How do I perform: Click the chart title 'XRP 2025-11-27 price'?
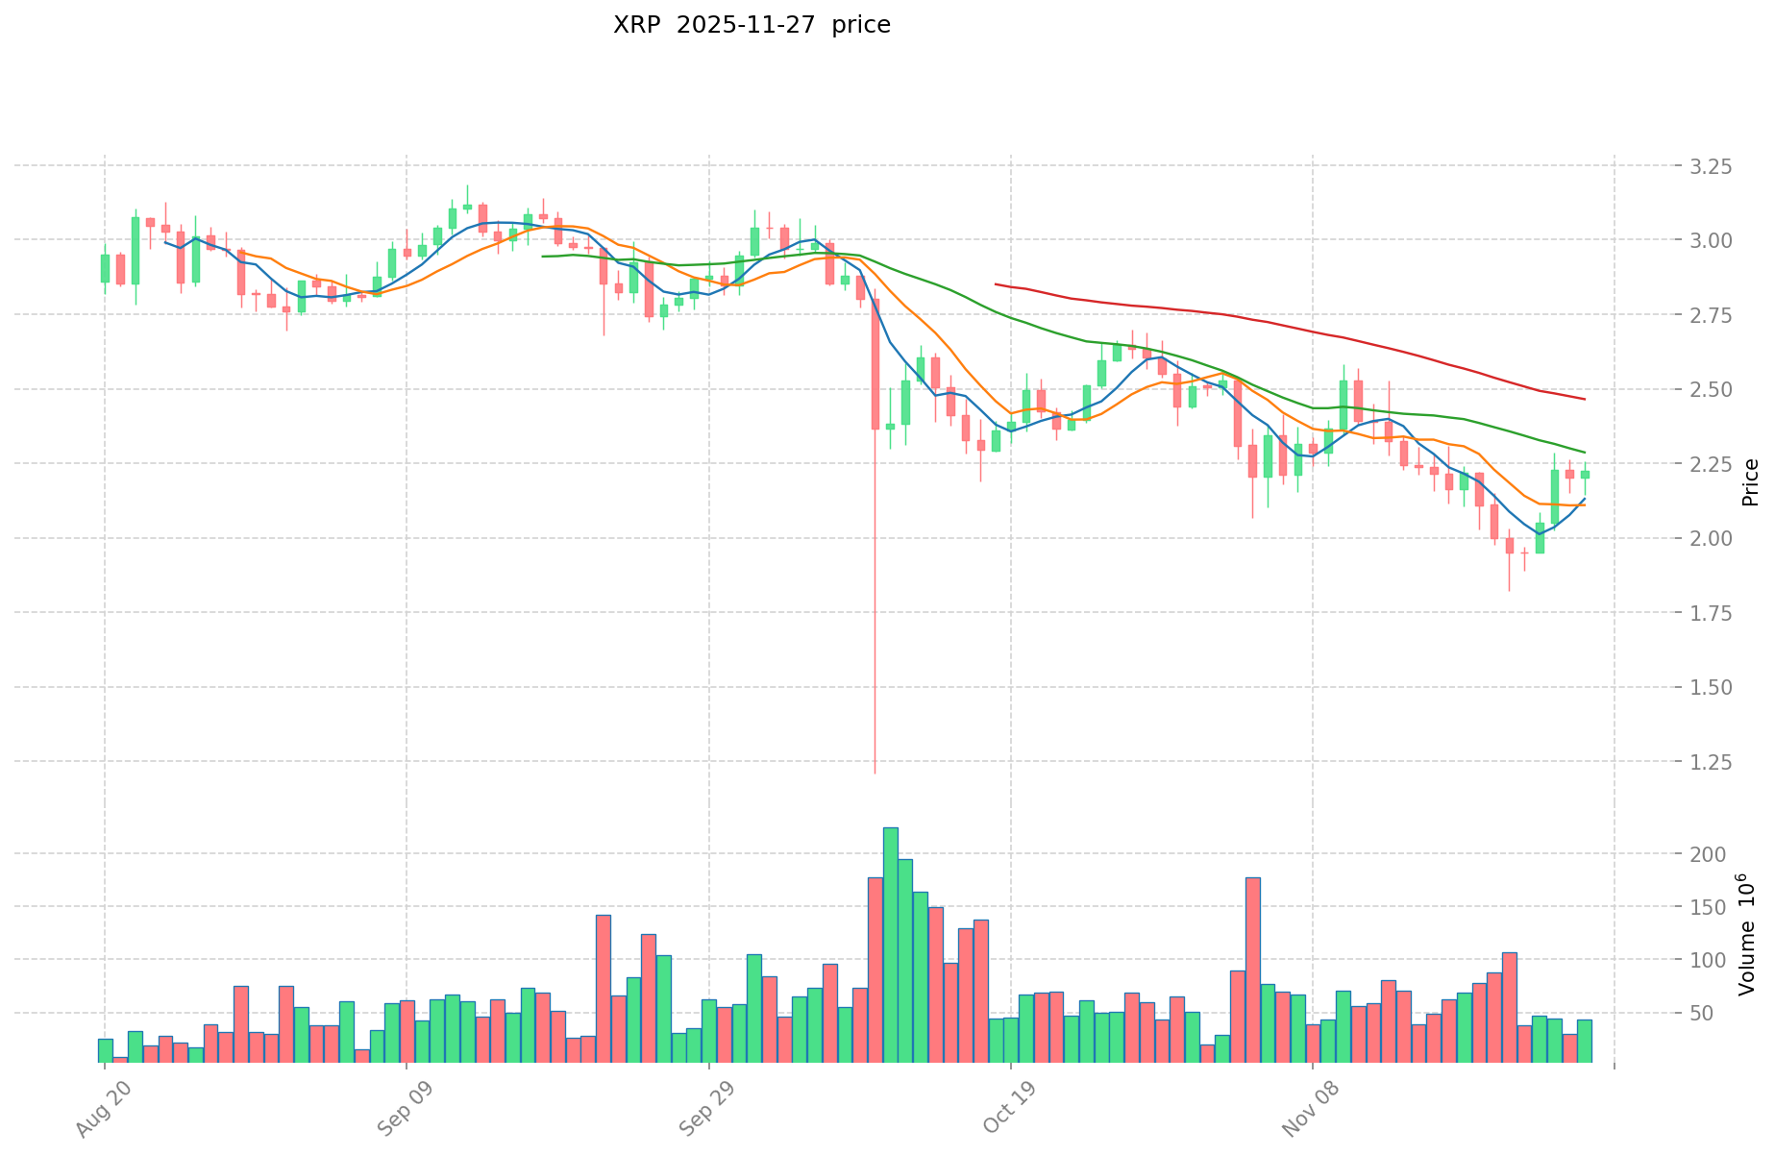click(752, 25)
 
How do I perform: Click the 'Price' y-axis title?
click(1750, 481)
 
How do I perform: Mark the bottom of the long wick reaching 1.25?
click(875, 772)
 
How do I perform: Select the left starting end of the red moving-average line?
click(996, 284)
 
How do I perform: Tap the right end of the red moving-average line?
click(1585, 399)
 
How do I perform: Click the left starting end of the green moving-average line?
click(543, 257)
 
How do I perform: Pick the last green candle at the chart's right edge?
click(1585, 474)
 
